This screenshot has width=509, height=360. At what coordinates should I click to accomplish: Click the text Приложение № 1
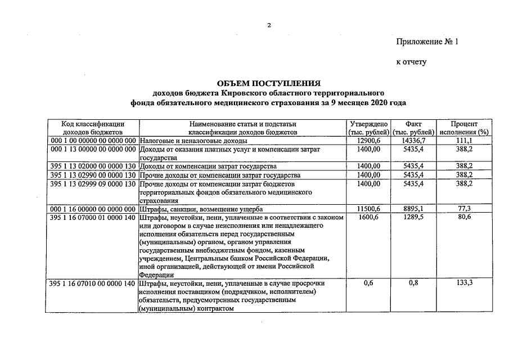(427, 42)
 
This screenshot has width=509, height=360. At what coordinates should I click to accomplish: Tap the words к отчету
(412, 62)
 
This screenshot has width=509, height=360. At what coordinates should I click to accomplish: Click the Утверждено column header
(368, 128)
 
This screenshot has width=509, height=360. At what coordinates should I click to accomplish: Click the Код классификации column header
(93, 128)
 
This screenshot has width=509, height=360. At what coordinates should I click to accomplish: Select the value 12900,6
(368, 140)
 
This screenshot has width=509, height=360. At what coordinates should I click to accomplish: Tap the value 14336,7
(414, 140)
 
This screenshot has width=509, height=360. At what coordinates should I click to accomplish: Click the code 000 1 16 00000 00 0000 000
(93, 209)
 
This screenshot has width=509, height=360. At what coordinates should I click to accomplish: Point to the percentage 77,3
(464, 209)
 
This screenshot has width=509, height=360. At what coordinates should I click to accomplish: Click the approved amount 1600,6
(368, 217)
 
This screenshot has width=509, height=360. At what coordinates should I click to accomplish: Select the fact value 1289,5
(414, 217)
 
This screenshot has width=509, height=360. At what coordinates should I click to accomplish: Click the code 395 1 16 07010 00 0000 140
(93, 283)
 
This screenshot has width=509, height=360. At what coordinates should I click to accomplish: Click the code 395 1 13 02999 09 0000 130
(93, 184)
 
